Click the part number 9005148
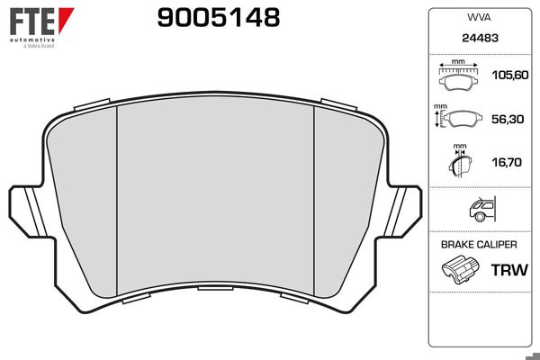pyautogui.click(x=219, y=18)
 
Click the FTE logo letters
pyautogui.click(x=32, y=22)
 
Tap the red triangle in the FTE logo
pyautogui.click(x=66, y=20)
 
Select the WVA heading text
pyautogui.click(x=479, y=17)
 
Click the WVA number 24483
pyautogui.click(x=480, y=38)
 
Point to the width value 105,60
pyautogui.click(x=510, y=75)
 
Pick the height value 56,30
pyautogui.click(x=508, y=119)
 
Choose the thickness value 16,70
pyautogui.click(x=507, y=162)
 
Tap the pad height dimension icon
pyautogui.click(x=458, y=118)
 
